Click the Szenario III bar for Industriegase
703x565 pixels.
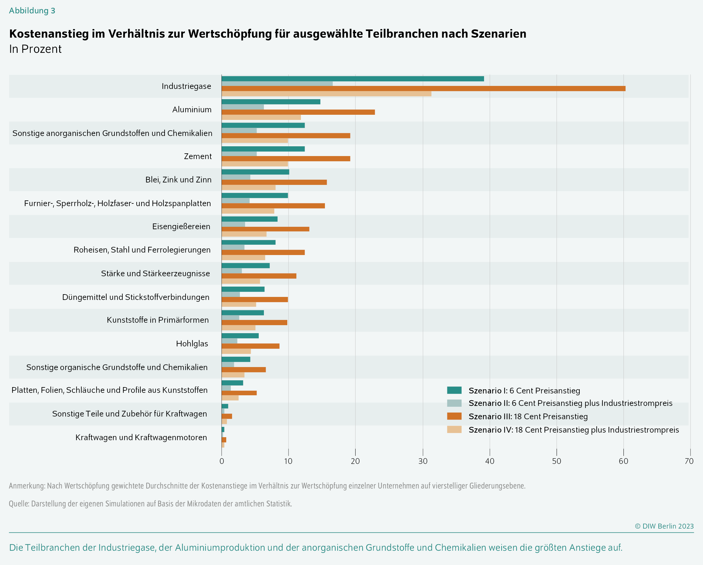coord(423,89)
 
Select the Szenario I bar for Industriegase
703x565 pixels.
coord(353,79)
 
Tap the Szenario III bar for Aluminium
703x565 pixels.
coord(298,112)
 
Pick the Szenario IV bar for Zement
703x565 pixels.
coord(255,164)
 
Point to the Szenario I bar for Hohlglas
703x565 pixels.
coord(240,336)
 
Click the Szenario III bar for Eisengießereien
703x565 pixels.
coord(265,229)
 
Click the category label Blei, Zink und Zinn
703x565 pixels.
coord(178,180)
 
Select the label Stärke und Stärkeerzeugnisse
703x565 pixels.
coord(155,273)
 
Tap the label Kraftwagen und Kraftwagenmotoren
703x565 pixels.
coord(141,437)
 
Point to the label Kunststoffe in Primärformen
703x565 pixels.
coord(158,320)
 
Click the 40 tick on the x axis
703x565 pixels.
coord(490,461)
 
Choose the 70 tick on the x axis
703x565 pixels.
coord(689,461)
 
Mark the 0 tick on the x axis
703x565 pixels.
coord(222,461)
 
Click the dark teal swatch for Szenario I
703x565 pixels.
coord(454,390)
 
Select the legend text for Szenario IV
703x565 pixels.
coord(574,430)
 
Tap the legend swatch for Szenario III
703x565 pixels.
coord(454,416)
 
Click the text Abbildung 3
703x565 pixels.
coord(32,11)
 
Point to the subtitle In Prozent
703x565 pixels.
coord(35,49)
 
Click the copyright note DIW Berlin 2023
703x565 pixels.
coord(664,526)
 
